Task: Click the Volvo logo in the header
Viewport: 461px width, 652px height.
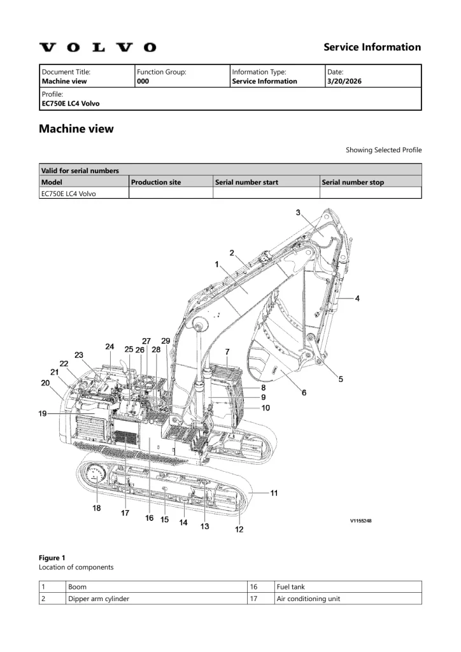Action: click(97, 47)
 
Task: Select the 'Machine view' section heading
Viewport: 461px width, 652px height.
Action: click(76, 129)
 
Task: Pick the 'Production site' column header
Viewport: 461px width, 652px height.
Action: click(156, 182)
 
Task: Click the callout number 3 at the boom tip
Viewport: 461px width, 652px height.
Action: click(298, 213)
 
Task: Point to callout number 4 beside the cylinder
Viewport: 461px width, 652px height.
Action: click(357, 298)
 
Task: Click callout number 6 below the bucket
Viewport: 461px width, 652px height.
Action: click(304, 393)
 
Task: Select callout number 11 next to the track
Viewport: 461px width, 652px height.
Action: click(274, 492)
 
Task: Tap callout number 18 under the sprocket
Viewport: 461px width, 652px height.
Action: click(96, 508)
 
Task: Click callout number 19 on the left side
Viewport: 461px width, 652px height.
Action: click(43, 414)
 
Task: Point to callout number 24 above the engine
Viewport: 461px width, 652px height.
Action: click(110, 347)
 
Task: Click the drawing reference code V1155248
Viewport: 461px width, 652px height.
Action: click(360, 521)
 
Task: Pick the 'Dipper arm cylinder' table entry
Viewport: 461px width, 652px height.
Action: click(99, 599)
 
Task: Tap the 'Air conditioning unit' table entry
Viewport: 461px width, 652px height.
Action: click(308, 599)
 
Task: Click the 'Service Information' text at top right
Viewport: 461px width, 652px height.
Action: click(372, 47)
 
